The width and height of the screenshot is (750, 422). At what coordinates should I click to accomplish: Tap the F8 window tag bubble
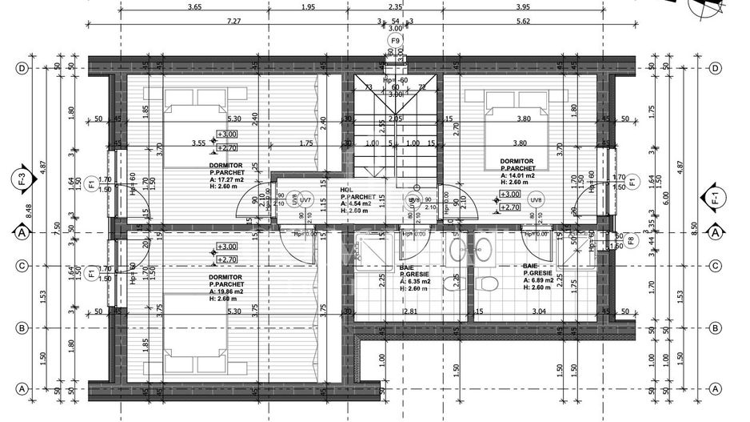click(x=631, y=239)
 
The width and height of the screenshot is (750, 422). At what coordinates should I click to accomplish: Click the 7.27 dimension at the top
click(x=233, y=22)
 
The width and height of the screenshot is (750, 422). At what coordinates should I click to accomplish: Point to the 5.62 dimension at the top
click(x=524, y=22)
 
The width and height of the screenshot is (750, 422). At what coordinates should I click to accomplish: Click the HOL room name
click(x=345, y=190)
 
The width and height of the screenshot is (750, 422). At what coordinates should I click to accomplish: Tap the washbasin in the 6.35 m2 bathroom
click(x=457, y=250)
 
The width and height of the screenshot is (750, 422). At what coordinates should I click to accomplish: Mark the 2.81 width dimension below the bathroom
click(x=410, y=311)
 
